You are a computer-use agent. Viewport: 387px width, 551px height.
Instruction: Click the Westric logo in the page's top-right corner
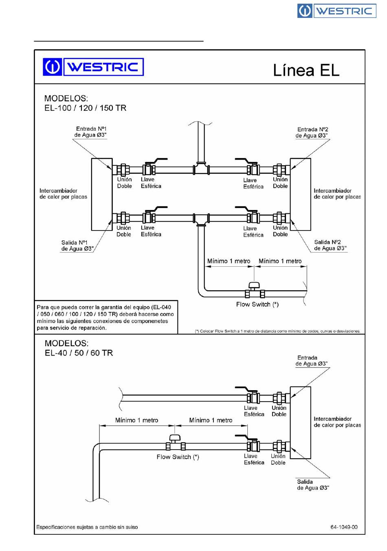(x=336, y=11)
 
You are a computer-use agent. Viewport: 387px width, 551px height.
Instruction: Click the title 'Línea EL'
(x=306, y=70)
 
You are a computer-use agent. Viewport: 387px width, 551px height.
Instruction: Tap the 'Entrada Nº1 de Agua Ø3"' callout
(x=91, y=132)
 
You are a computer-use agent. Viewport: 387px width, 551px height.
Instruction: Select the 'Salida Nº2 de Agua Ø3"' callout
(x=330, y=245)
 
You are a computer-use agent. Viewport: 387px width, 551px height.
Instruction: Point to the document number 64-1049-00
(x=344, y=527)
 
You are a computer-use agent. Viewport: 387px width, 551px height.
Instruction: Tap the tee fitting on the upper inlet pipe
(x=201, y=168)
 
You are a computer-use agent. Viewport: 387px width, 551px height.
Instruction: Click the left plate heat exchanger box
(x=102, y=194)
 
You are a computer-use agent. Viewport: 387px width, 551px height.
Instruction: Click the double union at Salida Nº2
(x=280, y=218)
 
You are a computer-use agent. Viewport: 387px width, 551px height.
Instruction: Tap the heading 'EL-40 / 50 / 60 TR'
(x=79, y=353)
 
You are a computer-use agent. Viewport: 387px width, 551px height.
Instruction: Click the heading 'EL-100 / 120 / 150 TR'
(x=85, y=108)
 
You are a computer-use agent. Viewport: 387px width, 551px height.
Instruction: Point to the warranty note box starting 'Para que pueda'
(x=106, y=317)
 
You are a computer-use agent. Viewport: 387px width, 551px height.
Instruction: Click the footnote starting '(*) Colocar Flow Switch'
(x=277, y=331)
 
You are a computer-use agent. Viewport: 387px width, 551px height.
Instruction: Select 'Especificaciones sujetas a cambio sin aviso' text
(x=87, y=527)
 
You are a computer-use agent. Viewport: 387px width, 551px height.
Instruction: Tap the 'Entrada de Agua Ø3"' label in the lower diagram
(x=312, y=360)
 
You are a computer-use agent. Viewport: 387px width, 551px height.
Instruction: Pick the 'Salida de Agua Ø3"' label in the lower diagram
(x=313, y=485)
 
